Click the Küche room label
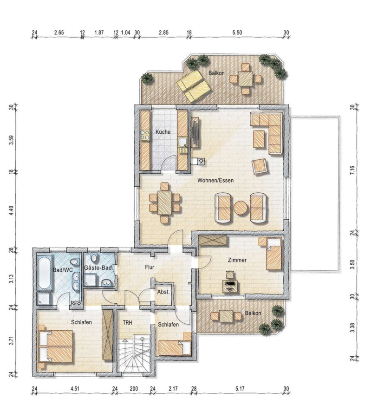click(163, 132)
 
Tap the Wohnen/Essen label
click(215, 180)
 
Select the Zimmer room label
click(237, 260)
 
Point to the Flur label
click(150, 267)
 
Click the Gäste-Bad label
click(98, 268)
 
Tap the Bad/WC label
click(63, 270)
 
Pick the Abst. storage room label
click(163, 292)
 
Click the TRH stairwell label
click(127, 323)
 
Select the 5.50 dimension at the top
click(237, 33)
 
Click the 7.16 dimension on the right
click(352, 170)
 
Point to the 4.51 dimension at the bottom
click(75, 389)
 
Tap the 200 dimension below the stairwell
click(134, 389)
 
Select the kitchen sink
click(183, 142)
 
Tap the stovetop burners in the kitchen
click(145, 135)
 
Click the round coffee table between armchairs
click(241, 208)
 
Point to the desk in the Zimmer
click(230, 286)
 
